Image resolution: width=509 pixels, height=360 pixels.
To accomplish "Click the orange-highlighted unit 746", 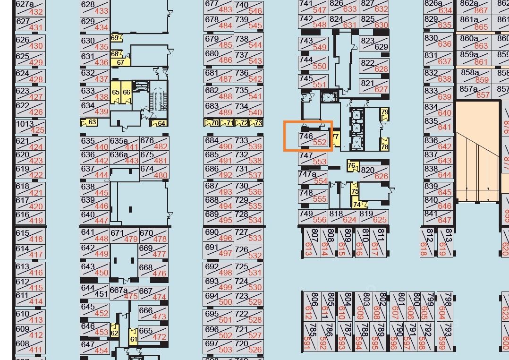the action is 313,139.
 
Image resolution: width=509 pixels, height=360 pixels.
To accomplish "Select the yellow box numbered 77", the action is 336,137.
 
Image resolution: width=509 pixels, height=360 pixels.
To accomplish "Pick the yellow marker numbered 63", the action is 90,122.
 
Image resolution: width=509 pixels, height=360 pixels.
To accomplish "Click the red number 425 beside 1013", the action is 37,130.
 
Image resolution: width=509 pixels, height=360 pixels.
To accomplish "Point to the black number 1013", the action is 25,124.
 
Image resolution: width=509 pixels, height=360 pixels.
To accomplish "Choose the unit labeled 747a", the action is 313,177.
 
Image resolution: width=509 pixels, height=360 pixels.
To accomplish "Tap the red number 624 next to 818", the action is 349,220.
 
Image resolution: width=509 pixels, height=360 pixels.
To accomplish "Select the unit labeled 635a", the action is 124,144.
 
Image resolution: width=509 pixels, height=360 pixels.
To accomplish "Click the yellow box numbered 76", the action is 352,166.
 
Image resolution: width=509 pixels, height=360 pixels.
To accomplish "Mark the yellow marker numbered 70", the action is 212,123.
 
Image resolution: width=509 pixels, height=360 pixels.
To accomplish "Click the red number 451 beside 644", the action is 102,294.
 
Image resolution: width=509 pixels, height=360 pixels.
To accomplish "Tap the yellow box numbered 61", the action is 133,339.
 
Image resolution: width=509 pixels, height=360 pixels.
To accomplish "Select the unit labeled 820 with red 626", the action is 374,173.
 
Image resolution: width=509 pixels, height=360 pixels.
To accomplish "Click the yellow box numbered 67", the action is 120,62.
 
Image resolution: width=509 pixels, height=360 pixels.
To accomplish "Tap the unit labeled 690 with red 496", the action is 219,235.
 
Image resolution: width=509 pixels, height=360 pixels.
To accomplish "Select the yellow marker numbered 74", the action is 357,205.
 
